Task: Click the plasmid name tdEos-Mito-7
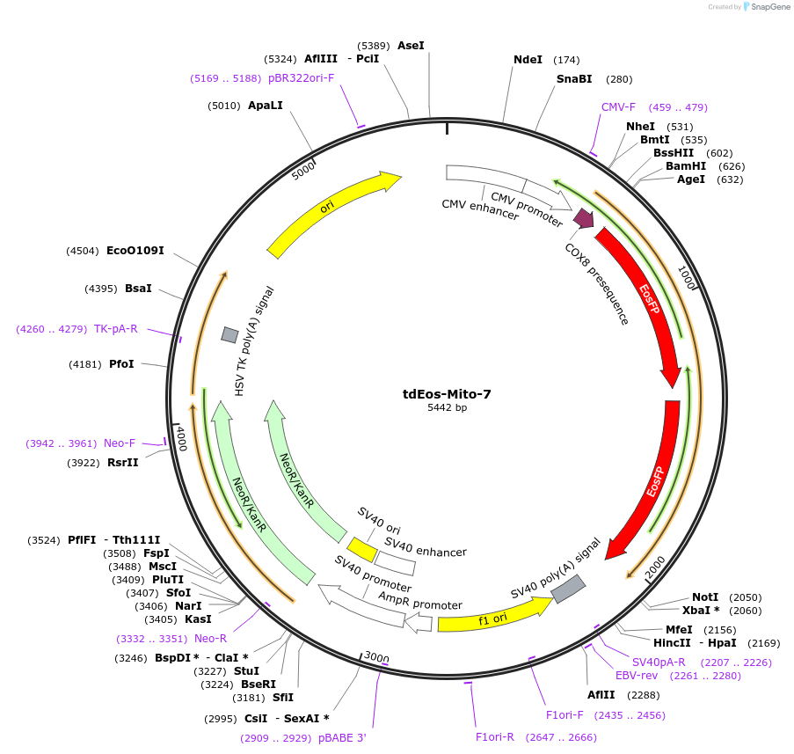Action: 447,394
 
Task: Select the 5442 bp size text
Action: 447,408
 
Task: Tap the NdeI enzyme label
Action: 528,60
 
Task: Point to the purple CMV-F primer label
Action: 618,107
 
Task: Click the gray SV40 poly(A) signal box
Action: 569,589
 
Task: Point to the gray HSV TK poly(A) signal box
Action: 229,334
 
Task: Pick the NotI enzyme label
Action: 705,597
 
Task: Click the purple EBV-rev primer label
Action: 636,676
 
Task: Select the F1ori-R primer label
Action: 494,737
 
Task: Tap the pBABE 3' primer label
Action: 342,738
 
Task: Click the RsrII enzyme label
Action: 123,462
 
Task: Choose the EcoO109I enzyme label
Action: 135,251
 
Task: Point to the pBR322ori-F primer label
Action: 302,78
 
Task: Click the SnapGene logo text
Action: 768,7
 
